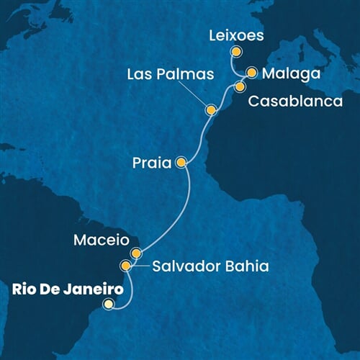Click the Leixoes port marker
pyautogui.click(x=235, y=51)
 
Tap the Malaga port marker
pyautogui.click(x=252, y=72)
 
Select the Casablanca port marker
pyautogui.click(x=240, y=86)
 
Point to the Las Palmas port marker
pyautogui.click(x=211, y=110)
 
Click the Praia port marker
pyautogui.click(x=181, y=162)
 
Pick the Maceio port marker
pyautogui.click(x=136, y=253)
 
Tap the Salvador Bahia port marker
pyautogui.click(x=126, y=266)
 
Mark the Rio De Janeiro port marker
pyautogui.click(x=108, y=304)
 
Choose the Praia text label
pyautogui.click(x=151, y=163)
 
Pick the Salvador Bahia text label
pyautogui.click(x=210, y=267)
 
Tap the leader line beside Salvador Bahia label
pyautogui.click(x=140, y=266)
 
